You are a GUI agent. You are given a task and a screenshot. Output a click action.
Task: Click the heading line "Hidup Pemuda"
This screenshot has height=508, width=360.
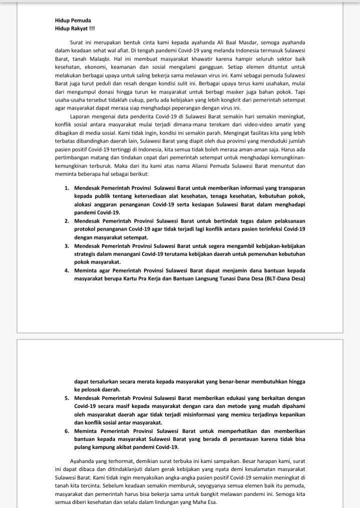[73, 20]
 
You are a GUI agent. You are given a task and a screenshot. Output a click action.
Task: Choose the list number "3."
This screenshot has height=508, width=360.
[67, 246]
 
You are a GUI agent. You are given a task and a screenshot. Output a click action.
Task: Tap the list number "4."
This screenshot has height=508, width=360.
[67, 270]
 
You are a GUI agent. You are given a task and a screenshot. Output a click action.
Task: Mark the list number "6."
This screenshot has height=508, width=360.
[67, 431]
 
